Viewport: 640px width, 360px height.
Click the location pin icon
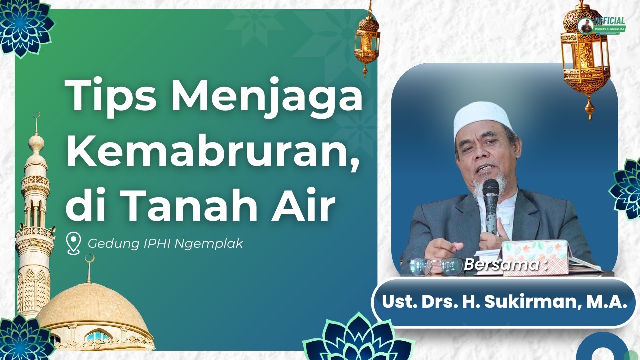pyautogui.click(x=74, y=244)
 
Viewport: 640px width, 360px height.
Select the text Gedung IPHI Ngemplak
pyautogui.click(x=165, y=244)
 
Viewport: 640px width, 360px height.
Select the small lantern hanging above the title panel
pyautogui.click(x=367, y=40)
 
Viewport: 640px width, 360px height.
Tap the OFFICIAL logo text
pyautogui.click(x=610, y=21)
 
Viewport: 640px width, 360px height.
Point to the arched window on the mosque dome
pyautogui.click(x=98, y=336)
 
